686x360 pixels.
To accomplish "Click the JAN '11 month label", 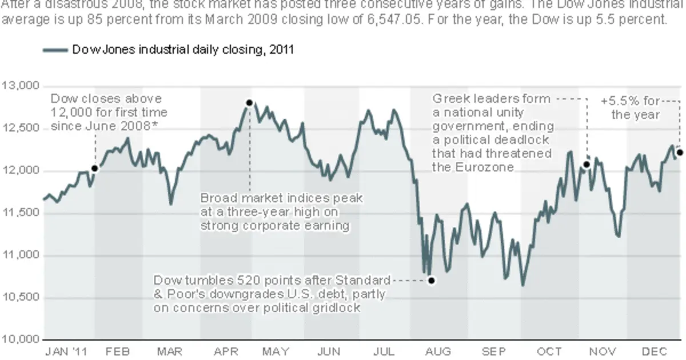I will point(66,351).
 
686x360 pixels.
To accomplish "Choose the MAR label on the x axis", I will point(170,351).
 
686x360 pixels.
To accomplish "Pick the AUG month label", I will point(438,351).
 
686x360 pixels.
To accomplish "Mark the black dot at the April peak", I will point(249,103).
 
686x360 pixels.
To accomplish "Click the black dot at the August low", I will point(432,281).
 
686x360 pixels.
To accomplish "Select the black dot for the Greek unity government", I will point(586,165).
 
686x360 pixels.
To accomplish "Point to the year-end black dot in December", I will point(680,153).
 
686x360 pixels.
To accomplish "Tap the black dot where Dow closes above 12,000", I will point(95,169).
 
